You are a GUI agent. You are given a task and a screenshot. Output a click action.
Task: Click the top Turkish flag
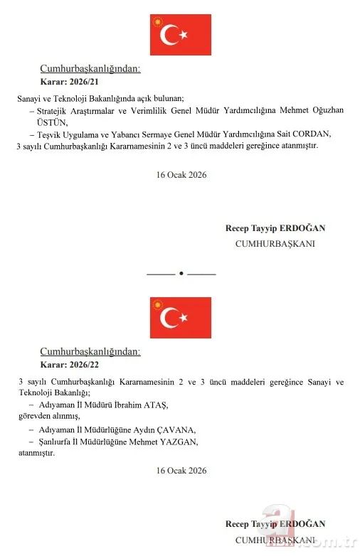[180, 34]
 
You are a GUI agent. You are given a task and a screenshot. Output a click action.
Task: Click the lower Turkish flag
[180, 318]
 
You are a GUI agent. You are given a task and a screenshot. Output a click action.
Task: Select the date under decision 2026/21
[181, 174]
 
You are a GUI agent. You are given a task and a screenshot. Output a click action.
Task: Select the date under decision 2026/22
[181, 471]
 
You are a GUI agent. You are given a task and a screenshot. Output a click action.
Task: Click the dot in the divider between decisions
[181, 273]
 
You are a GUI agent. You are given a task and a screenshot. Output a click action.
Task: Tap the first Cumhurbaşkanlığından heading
[90, 69]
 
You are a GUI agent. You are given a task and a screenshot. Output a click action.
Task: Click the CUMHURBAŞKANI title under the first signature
[275, 243]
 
